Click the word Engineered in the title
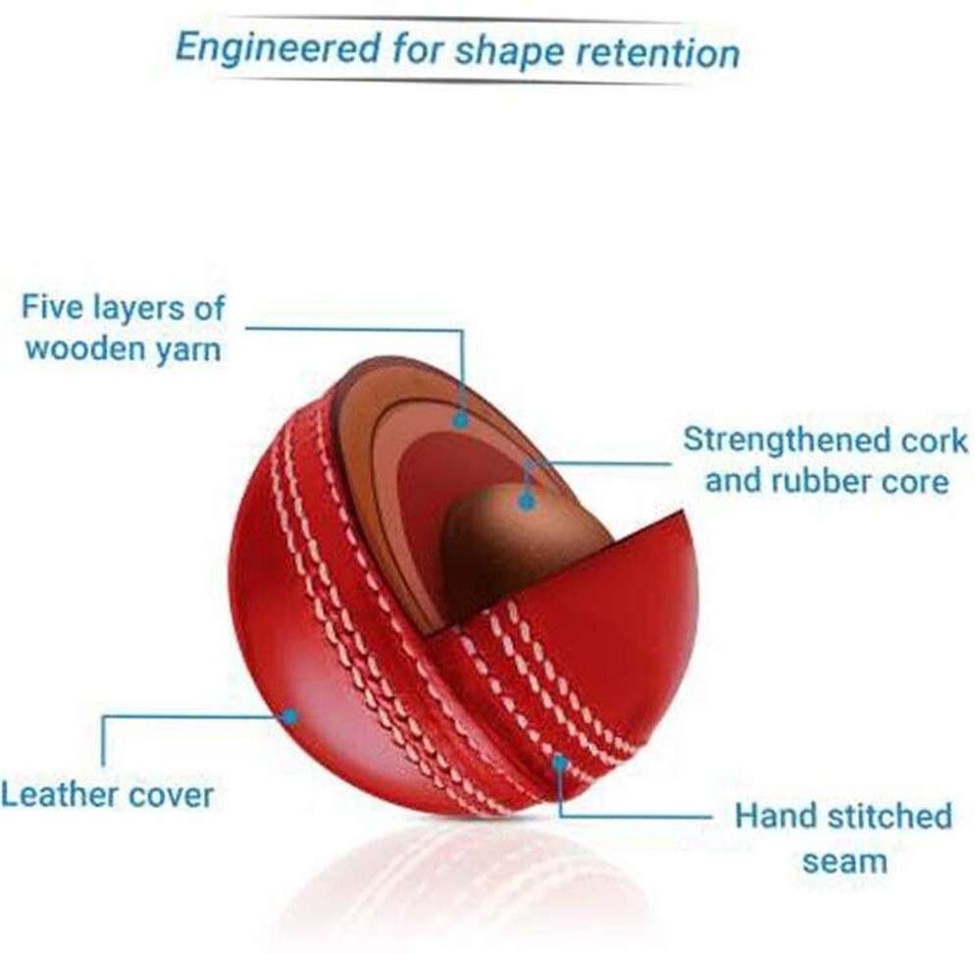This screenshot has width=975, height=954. [x=278, y=47]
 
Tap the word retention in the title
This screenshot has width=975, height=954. [x=658, y=52]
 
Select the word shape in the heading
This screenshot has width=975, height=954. [x=509, y=51]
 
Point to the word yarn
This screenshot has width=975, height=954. [x=189, y=349]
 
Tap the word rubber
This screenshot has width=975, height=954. [x=811, y=480]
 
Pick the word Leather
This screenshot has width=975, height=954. [x=59, y=794]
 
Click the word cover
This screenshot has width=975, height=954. [x=171, y=795]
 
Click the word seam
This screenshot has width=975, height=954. [x=845, y=862]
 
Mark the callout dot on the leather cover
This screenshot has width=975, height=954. [x=289, y=716]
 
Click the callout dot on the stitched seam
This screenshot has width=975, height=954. [x=560, y=762]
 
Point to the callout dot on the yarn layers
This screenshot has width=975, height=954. [x=460, y=421]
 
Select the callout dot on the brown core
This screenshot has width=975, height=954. [x=527, y=501]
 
